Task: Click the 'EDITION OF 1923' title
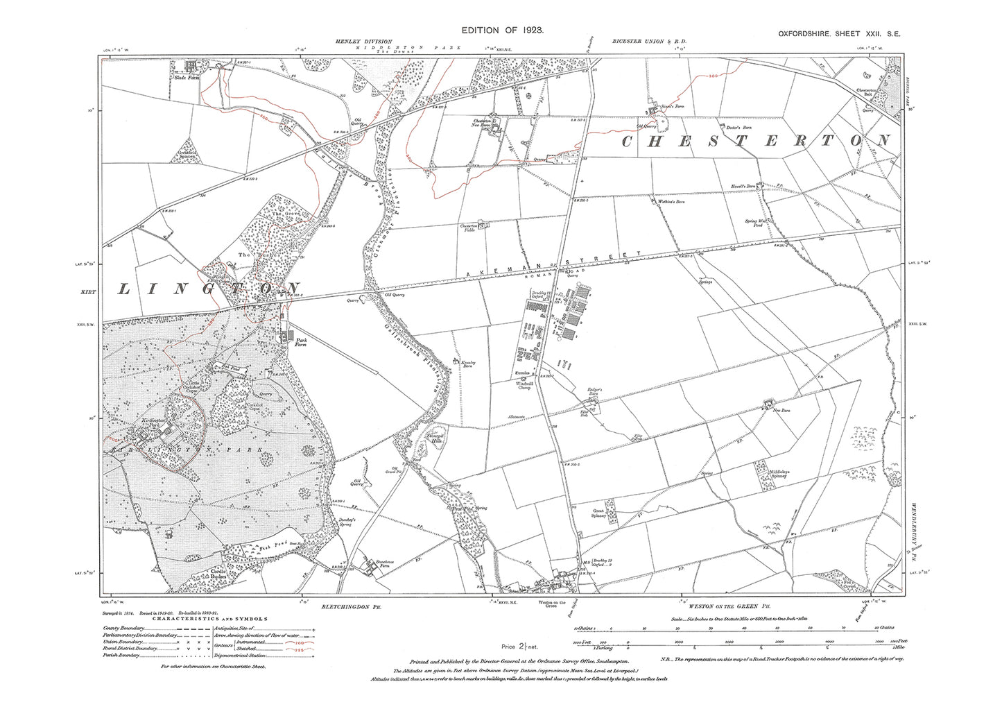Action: pyautogui.click(x=503, y=31)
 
